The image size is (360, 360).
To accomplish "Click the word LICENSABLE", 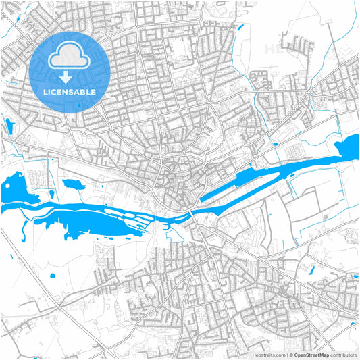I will pyautogui.click(x=70, y=91).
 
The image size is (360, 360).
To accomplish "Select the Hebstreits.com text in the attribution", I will pyautogui.click(x=269, y=355).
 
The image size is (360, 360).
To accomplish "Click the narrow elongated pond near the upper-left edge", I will pyautogui.click(x=8, y=126).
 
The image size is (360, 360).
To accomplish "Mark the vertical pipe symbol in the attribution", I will pyautogui.click(x=288, y=355).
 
